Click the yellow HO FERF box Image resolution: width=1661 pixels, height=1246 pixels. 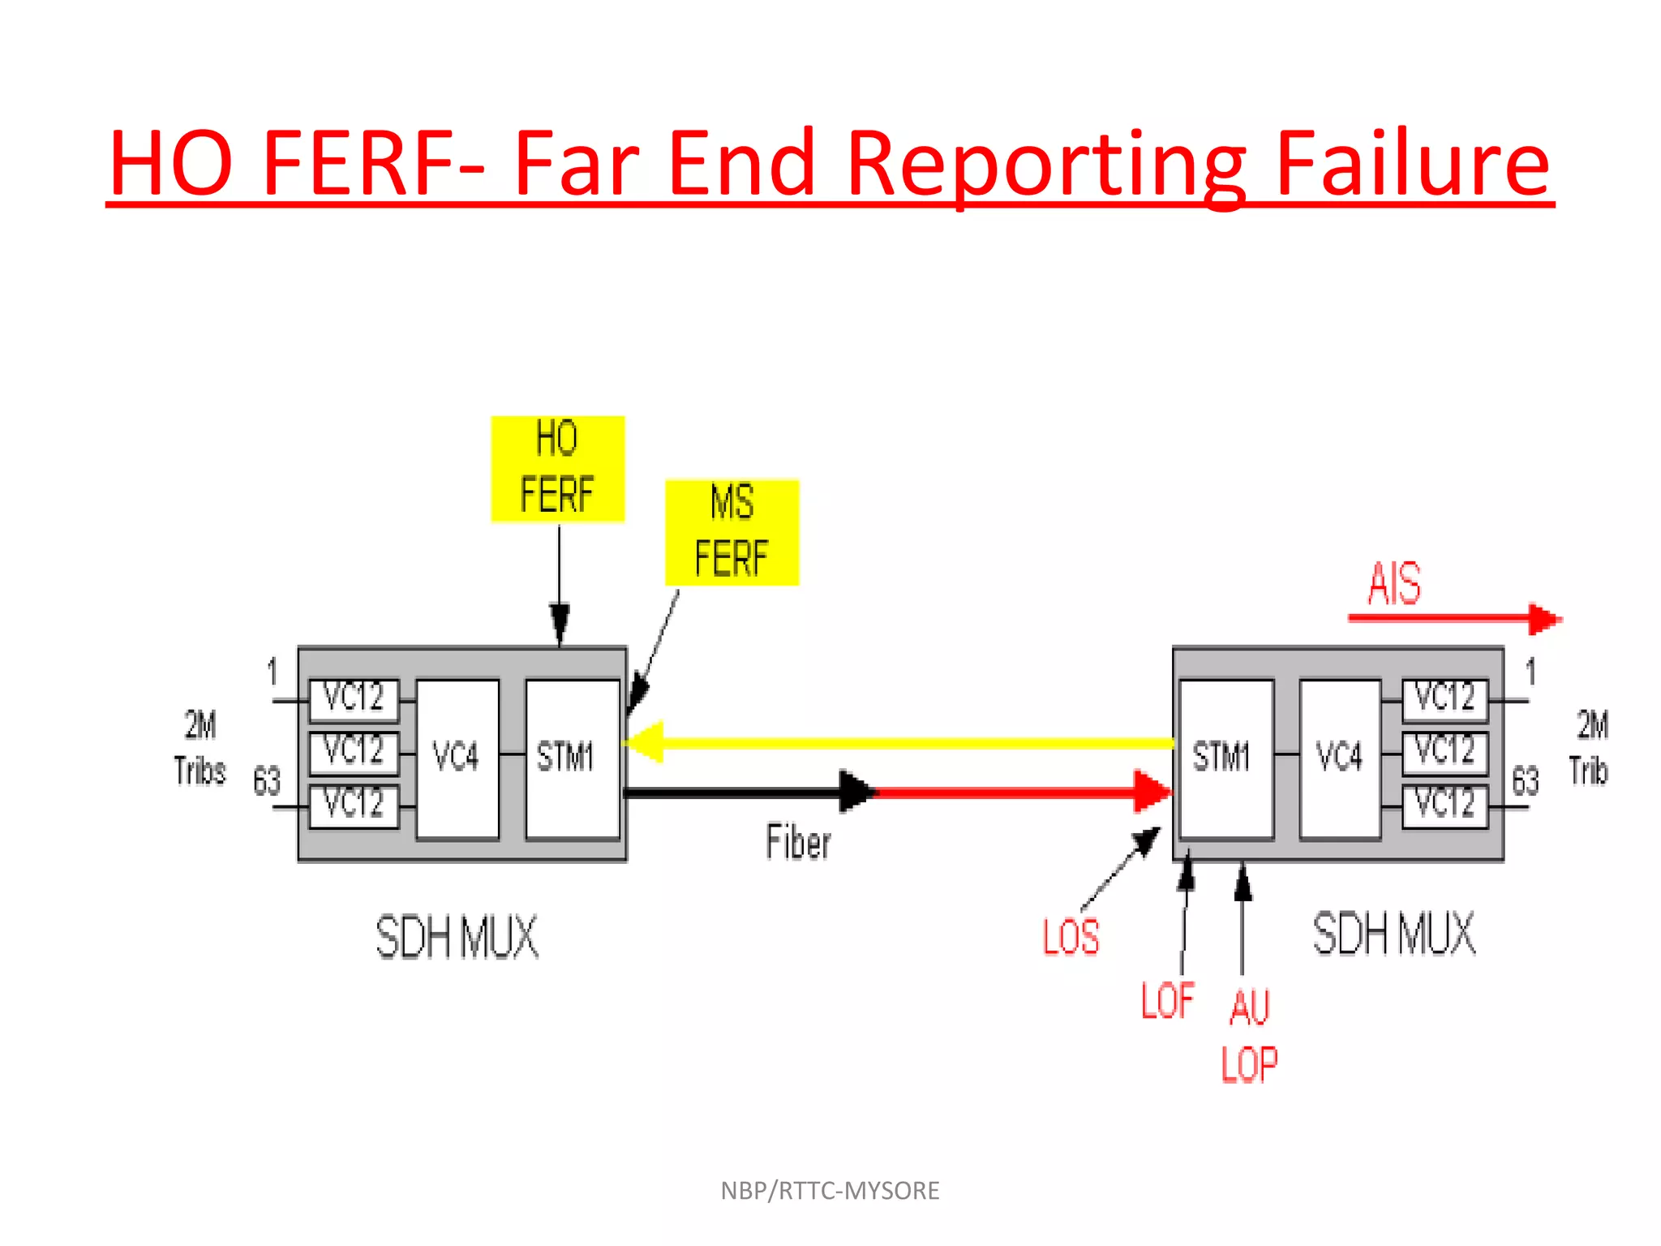point(558,469)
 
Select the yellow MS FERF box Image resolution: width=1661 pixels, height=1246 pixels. point(732,532)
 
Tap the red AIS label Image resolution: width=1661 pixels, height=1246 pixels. point(1394,583)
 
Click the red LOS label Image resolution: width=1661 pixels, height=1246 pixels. point(1071,937)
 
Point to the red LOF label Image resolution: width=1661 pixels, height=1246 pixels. point(1167,1000)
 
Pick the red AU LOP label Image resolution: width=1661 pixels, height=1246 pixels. point(1249,1036)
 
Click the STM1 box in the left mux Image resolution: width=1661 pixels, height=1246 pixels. point(572,758)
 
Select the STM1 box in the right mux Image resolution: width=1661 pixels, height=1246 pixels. point(1225,758)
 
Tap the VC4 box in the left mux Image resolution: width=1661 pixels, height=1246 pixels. point(457,758)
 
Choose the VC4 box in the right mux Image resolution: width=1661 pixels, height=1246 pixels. point(1339,758)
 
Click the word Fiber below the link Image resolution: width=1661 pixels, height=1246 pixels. point(798,842)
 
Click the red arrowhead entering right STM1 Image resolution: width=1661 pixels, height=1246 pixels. point(1152,791)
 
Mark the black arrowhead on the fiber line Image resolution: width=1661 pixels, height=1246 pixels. point(856,791)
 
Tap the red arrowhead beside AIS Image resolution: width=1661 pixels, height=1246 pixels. point(1544,619)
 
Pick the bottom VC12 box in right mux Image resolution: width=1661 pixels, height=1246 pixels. point(1444,806)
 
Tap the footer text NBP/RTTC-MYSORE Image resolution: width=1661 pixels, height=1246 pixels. point(830,1190)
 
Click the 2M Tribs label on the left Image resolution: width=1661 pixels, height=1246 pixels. point(200,748)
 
